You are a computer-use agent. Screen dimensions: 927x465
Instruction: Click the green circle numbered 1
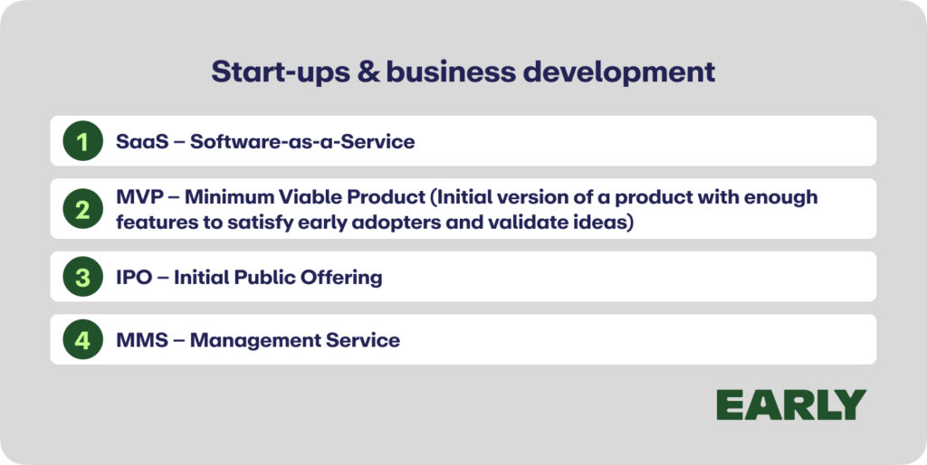(82, 140)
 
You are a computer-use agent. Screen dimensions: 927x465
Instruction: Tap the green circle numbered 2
(82, 209)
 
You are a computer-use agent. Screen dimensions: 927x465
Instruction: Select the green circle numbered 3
(82, 277)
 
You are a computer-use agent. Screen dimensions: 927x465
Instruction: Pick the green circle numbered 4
(82, 339)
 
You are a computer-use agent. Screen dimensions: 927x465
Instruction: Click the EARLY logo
(791, 404)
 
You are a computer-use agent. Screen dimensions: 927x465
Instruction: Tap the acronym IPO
(134, 277)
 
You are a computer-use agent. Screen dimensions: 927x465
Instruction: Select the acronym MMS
(142, 340)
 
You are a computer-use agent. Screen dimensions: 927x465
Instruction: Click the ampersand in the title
(366, 72)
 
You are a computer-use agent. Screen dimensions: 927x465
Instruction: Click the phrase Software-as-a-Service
(302, 141)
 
